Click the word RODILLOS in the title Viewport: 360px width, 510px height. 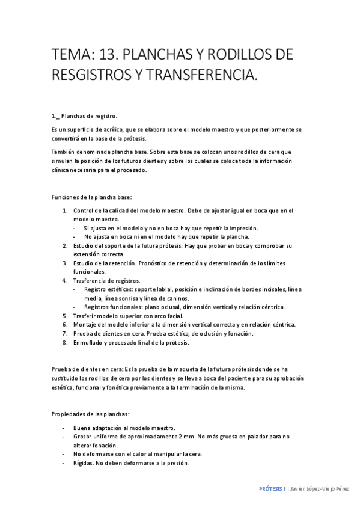(236, 55)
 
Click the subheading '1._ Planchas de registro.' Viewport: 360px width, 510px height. (85, 116)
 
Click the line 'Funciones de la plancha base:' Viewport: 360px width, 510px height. (92, 197)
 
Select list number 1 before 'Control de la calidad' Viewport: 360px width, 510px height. (65, 210)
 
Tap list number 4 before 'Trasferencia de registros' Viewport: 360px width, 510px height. (65, 281)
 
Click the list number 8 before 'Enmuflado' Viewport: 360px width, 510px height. (65, 342)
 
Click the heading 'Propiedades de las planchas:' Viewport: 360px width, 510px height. (91, 414)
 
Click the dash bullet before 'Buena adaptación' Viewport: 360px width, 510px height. (64, 428)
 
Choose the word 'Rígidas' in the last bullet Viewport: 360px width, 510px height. (83, 463)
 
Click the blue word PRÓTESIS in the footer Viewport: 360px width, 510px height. (269, 489)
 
